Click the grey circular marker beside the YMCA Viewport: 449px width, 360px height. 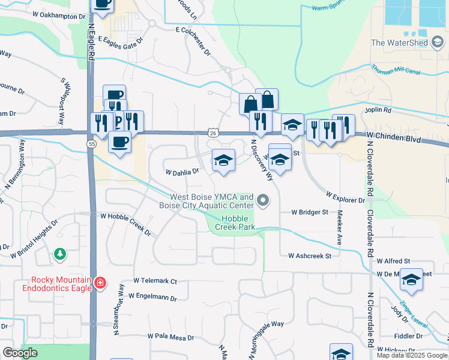262,200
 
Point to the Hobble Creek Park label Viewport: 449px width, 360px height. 238,223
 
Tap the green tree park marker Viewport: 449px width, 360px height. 59,254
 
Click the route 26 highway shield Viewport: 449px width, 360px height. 213,132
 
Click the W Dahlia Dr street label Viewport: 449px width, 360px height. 182,172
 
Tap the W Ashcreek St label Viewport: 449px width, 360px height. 310,256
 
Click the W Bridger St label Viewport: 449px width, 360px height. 310,212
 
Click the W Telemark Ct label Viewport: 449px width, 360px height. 155,280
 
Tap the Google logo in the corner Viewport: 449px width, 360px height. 20,352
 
